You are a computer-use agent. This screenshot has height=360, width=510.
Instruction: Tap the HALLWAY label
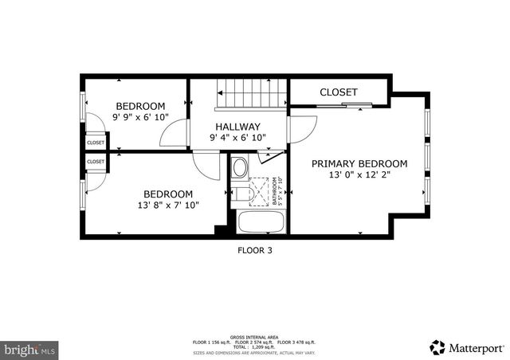(237, 127)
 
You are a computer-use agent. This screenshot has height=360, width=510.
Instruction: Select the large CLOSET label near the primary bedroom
(339, 92)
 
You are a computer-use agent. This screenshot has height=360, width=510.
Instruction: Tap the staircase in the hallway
(251, 96)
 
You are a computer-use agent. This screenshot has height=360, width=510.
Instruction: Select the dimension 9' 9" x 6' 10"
(140, 118)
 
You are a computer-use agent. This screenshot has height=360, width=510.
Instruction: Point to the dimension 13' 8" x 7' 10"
(168, 205)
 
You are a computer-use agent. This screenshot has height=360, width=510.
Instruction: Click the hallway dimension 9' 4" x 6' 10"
(237, 138)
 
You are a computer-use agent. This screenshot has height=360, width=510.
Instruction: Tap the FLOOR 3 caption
(255, 250)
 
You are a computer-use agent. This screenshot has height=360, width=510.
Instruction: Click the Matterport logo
(467, 347)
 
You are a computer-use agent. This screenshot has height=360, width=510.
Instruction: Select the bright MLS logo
(30, 349)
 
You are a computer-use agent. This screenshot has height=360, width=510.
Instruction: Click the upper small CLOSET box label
(96, 143)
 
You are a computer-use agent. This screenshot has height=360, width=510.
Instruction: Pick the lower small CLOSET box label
(96, 162)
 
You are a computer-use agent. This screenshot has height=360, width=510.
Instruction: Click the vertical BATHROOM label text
(276, 191)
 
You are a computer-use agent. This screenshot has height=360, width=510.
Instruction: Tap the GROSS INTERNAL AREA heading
(254, 337)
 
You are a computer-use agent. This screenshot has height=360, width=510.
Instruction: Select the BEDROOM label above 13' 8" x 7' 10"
(168, 194)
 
